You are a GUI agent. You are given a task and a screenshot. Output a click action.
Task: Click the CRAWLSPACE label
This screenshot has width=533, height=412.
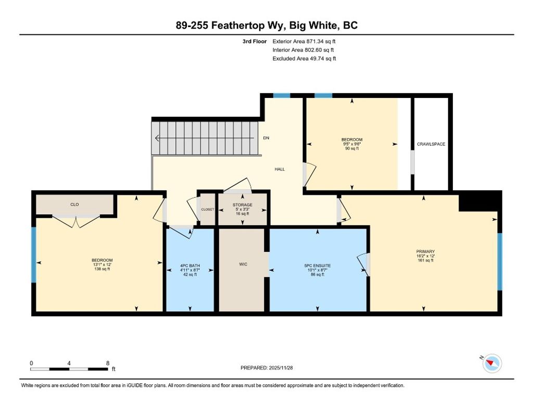click(431, 144)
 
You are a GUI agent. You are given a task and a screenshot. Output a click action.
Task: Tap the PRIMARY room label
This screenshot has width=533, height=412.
click(422, 252)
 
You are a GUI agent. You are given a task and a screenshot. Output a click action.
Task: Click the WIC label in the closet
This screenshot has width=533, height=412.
click(243, 264)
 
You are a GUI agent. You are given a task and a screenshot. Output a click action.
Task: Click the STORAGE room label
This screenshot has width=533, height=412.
click(243, 205)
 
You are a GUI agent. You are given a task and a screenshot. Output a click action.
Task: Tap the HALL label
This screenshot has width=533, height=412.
click(280, 169)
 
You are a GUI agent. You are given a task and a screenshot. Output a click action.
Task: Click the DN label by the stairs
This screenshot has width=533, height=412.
click(266, 138)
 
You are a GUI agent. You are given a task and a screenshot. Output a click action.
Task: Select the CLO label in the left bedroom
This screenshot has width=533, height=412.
click(74, 204)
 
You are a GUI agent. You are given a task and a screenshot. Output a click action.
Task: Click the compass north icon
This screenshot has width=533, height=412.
click(492, 363)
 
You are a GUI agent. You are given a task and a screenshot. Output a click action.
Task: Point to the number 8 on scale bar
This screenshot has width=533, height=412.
click(107, 363)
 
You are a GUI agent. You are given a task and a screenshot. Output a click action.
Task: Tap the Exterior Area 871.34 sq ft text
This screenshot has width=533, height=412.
click(308, 41)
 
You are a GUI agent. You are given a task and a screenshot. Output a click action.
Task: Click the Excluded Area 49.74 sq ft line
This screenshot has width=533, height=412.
click(304, 59)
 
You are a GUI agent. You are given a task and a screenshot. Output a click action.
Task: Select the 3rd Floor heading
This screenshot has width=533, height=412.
click(255, 41)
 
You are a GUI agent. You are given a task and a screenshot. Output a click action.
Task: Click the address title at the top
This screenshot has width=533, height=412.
click(266, 26)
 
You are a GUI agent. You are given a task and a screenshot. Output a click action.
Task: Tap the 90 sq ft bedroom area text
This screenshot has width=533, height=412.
click(352, 148)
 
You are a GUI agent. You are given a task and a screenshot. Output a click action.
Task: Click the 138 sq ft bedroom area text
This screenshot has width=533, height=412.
click(102, 269)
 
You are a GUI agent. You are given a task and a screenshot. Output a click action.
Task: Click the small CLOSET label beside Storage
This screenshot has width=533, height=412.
click(207, 209)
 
